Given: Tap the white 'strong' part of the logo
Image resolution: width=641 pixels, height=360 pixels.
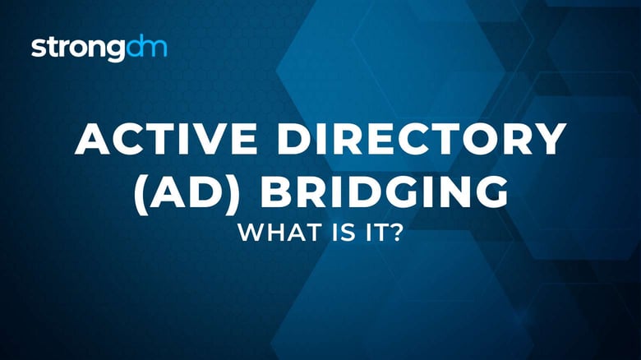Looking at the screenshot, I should tap(78, 48).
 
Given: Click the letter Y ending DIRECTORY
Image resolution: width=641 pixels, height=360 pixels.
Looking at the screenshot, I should tap(551, 141).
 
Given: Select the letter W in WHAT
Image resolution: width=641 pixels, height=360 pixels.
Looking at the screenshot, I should tap(247, 233).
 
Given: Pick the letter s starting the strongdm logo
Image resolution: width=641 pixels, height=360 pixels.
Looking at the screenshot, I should tap(38, 48).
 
